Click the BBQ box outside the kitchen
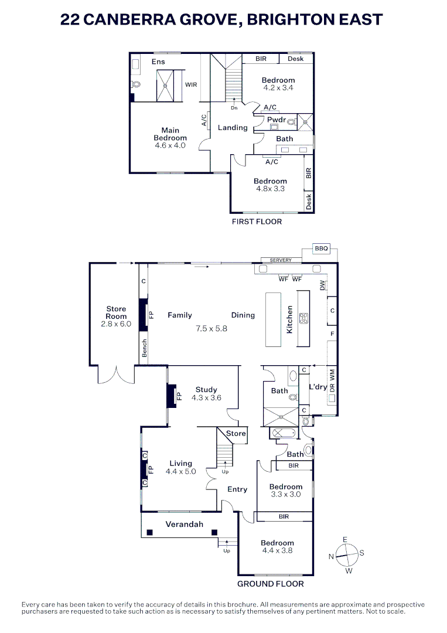pyautogui.click(x=322, y=249)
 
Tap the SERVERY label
pyautogui.click(x=281, y=260)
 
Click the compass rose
pyautogui.click(x=347, y=554)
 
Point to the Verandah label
pyautogui.click(x=184, y=524)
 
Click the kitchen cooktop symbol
pyautogui.click(x=304, y=319)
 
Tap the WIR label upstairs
pyautogui.click(x=191, y=85)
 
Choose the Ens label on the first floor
pyautogui.click(x=158, y=62)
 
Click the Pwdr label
pyautogui.click(x=276, y=120)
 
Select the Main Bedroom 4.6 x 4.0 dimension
pyautogui.click(x=170, y=145)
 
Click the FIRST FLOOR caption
pyautogui.click(x=257, y=222)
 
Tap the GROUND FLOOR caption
pyautogui.click(x=271, y=584)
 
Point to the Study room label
pyautogui.click(x=206, y=389)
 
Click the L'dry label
pyautogui.click(x=318, y=387)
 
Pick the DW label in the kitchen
pyautogui.click(x=322, y=285)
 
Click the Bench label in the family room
pyautogui.click(x=144, y=348)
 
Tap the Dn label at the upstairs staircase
pyautogui.click(x=234, y=108)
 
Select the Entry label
pyautogui.click(x=237, y=489)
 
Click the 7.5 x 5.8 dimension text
pyautogui.click(x=211, y=329)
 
